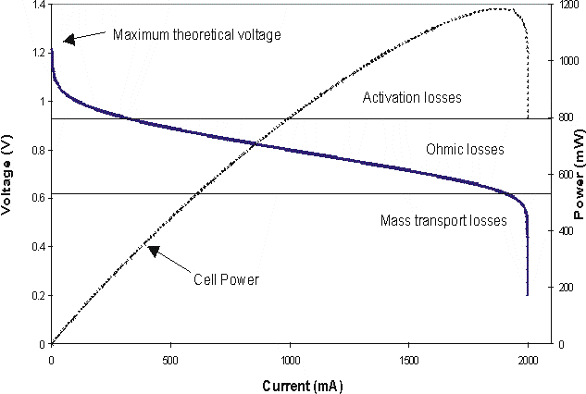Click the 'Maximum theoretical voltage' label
tap(196, 35)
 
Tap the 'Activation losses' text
tap(411, 97)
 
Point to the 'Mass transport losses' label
tap(443, 221)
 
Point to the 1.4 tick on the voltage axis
tap(34, 5)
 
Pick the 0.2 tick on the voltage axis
tap(34, 295)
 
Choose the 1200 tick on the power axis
tap(563, 5)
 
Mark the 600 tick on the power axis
tap(560, 174)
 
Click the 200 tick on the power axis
tap(560, 288)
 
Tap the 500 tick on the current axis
tap(170, 357)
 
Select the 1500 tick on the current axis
tap(408, 357)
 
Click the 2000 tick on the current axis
tap(528, 357)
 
